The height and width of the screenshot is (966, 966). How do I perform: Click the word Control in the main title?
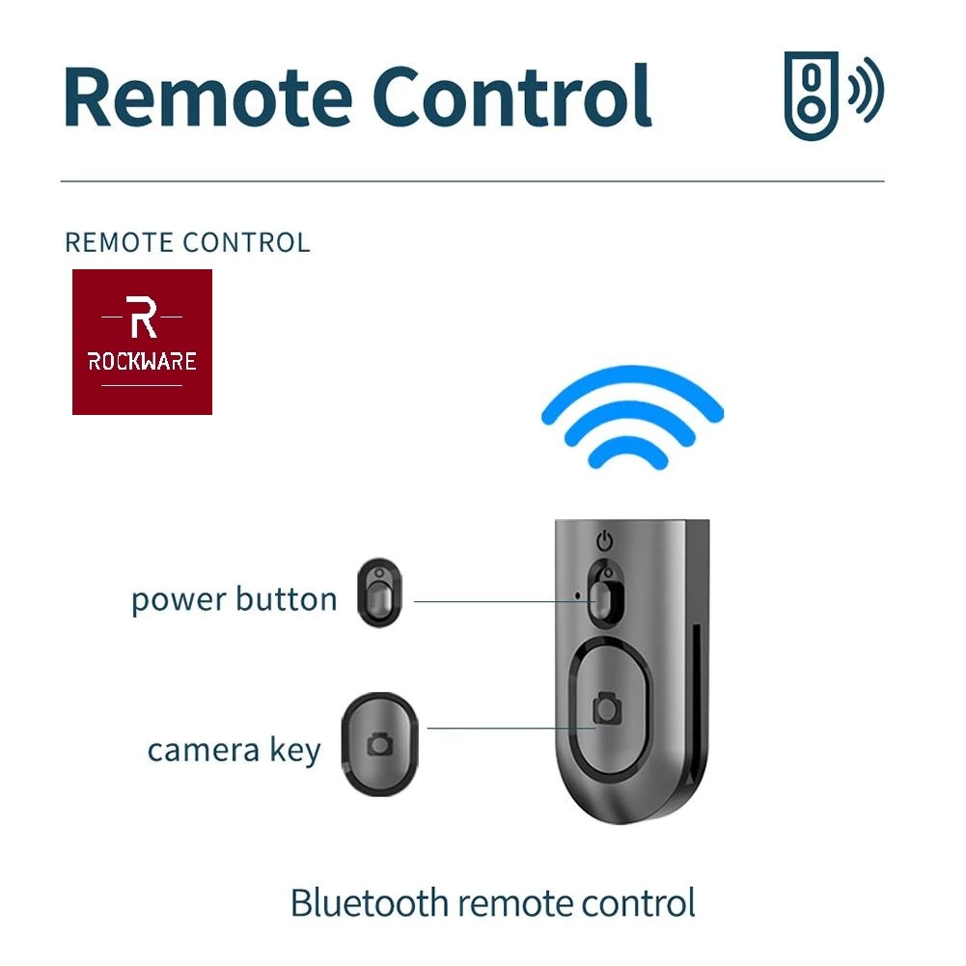pos(511,97)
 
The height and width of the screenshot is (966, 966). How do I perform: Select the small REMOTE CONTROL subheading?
pos(187,242)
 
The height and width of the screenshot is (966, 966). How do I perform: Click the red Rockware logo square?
pos(142,342)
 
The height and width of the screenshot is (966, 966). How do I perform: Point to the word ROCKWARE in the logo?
pos(142,362)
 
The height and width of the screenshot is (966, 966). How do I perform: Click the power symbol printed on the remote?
pos(605,539)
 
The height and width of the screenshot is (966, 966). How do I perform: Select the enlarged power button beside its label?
pos(379,591)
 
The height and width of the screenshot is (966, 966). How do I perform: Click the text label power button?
pos(235,600)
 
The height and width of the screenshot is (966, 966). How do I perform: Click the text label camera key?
pos(235,750)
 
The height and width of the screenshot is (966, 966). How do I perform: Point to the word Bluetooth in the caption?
pos(370,903)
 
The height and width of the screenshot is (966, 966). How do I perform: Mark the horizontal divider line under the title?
pos(473,181)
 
